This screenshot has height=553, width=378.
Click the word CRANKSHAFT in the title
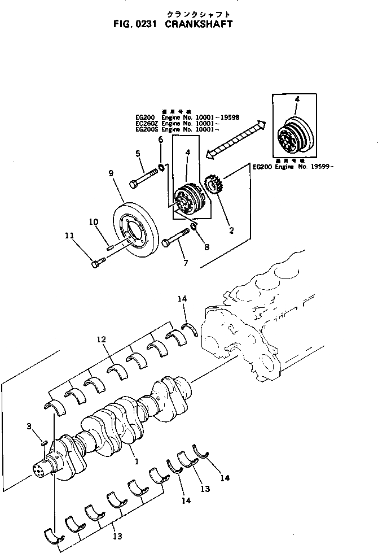pyautogui.click(x=199, y=25)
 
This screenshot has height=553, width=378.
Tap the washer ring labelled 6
pyautogui.click(x=161, y=166)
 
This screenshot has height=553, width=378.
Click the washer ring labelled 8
pyautogui.click(x=194, y=227)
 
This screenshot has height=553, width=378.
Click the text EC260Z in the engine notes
pyautogui.click(x=146, y=124)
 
